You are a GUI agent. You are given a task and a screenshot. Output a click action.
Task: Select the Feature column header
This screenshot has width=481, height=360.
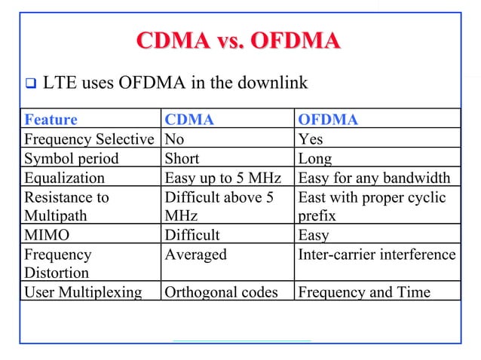(51, 120)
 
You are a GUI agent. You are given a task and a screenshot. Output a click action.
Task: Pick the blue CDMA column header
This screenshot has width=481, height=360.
(189, 120)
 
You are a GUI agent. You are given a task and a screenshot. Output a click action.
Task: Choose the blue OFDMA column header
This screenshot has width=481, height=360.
(328, 120)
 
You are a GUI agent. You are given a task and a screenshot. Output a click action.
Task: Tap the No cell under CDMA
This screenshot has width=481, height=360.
(174, 139)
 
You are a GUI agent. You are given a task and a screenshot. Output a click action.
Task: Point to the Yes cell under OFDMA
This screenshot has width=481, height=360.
(311, 139)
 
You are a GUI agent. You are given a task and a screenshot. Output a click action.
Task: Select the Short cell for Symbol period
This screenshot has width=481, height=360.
(182, 159)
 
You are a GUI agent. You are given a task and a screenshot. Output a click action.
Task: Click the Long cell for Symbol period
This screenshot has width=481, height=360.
(314, 159)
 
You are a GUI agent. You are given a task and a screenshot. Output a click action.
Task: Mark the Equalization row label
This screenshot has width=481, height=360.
(64, 178)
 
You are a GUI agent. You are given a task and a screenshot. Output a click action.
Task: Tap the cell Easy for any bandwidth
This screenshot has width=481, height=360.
(375, 178)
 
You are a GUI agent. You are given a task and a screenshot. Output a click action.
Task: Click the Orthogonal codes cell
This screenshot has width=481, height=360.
(219, 291)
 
